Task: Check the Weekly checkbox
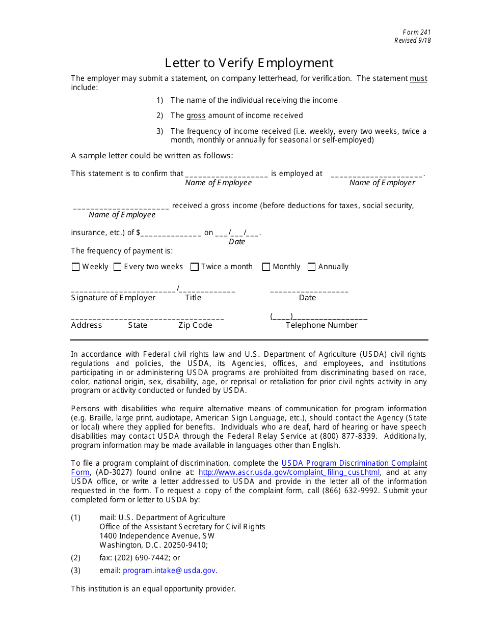pos(76,267)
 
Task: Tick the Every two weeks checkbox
pos(117,267)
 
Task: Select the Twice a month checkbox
pos(194,267)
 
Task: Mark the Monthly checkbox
pos(266,267)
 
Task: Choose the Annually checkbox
pos(312,267)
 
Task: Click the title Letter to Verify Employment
pos(249,63)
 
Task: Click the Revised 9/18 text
pos(412,41)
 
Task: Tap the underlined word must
pos(418,78)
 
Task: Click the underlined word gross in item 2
pos(196,116)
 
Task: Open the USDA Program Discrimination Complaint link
pos(354,463)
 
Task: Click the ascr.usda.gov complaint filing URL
pos(289,472)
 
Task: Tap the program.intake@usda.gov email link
pos(170,571)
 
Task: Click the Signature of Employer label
pos(113,298)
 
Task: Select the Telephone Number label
pos(321,325)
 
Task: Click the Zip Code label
pos(195,325)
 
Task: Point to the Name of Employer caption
pos(382,183)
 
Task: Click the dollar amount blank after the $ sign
pos(171,233)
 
